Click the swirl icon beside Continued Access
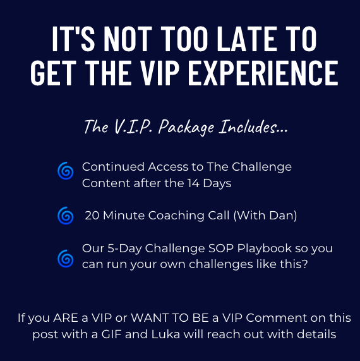[x=64, y=169]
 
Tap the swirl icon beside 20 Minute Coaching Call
[x=64, y=216]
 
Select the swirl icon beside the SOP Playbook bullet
[x=64, y=257]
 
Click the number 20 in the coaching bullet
[x=92, y=216]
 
